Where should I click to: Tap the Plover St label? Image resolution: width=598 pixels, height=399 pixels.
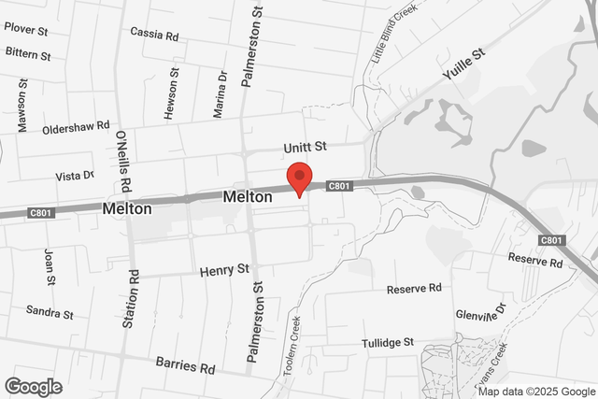[x=25, y=28]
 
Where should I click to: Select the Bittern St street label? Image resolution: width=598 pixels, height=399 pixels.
[x=27, y=53]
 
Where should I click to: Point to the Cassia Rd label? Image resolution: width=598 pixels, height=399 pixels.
[x=154, y=35]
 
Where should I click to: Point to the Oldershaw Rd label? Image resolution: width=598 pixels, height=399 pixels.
[x=76, y=125]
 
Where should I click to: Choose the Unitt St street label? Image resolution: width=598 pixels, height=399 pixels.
[x=306, y=147]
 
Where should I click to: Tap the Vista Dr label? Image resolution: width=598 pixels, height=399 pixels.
[x=75, y=175]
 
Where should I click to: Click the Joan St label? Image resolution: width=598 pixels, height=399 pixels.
[x=50, y=265]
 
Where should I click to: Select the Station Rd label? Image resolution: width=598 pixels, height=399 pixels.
[x=133, y=300]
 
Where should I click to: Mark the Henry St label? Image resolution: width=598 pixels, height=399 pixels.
[x=225, y=269]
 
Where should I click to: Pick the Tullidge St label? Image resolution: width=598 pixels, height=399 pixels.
[x=387, y=343]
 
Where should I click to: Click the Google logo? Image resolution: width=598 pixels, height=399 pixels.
[x=33, y=386]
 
